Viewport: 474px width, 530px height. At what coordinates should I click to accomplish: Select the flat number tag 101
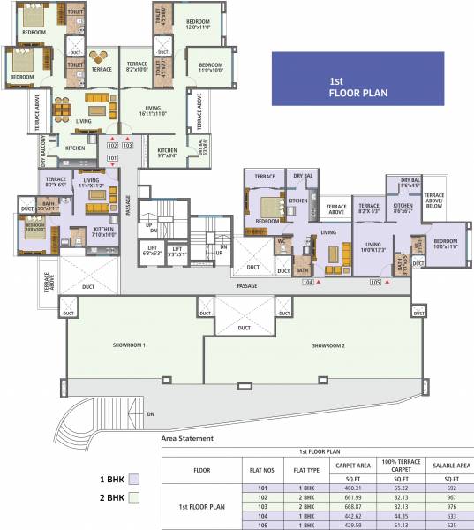pos(112,158)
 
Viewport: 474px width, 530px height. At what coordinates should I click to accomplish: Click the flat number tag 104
pos(308,283)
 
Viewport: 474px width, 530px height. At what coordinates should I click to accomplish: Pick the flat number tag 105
pos(375,283)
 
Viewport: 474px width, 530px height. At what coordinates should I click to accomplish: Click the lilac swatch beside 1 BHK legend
pos(134,480)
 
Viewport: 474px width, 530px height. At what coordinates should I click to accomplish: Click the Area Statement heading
pos(188,437)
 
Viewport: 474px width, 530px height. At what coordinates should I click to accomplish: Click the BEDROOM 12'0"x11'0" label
pos(199,25)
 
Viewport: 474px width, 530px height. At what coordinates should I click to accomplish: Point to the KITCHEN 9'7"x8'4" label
pos(168,152)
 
